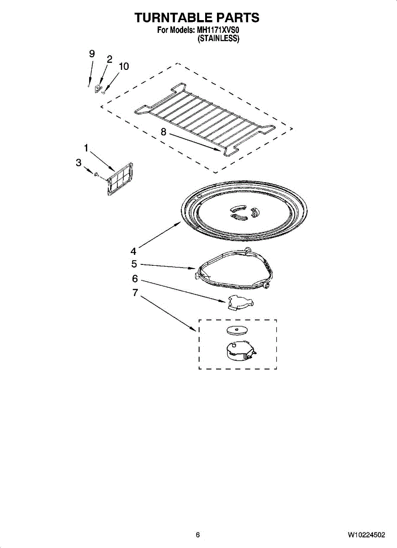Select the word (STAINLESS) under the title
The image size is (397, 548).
(x=218, y=39)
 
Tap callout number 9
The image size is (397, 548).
(x=92, y=54)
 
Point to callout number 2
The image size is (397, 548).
(x=109, y=59)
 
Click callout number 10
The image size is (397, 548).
(x=123, y=67)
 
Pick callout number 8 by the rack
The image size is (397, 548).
(x=163, y=132)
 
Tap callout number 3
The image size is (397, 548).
(x=79, y=162)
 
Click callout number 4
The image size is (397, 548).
(x=133, y=251)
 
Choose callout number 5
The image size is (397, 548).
(x=134, y=264)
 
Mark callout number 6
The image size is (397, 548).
(x=135, y=279)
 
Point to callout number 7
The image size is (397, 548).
(x=135, y=293)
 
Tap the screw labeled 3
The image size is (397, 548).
(x=96, y=174)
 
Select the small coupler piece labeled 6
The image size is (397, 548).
(x=239, y=302)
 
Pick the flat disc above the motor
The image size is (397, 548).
(x=237, y=330)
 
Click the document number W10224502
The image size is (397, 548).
(x=366, y=535)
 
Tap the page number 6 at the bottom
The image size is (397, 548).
(x=198, y=535)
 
